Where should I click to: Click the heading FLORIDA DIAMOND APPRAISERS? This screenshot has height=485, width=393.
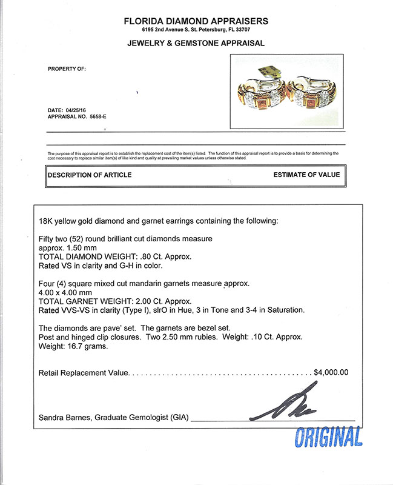[196, 21]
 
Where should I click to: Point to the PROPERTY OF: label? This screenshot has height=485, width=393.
[67, 69]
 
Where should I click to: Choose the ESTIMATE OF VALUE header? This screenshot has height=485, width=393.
[306, 175]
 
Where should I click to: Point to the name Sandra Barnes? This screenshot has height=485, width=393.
[63, 418]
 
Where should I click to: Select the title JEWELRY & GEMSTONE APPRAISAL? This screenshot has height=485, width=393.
[196, 44]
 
